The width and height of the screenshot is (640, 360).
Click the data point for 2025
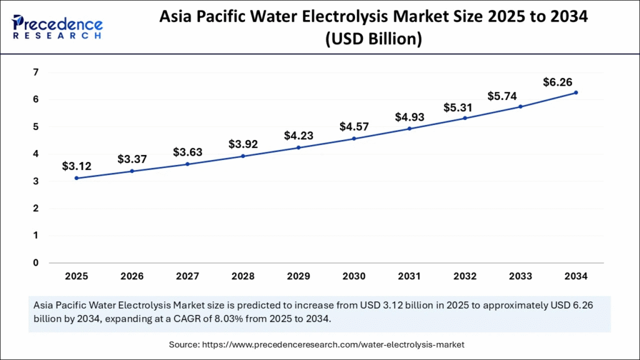(x=77, y=178)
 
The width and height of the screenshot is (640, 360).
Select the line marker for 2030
(x=354, y=138)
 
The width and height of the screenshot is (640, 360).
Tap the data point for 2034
(x=576, y=92)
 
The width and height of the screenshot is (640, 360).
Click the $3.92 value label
(x=243, y=143)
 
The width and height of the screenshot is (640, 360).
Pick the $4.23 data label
(x=299, y=135)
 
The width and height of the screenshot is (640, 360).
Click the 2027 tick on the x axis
(x=187, y=276)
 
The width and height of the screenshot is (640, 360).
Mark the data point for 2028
(x=243, y=156)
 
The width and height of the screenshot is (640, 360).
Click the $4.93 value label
(x=409, y=116)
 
